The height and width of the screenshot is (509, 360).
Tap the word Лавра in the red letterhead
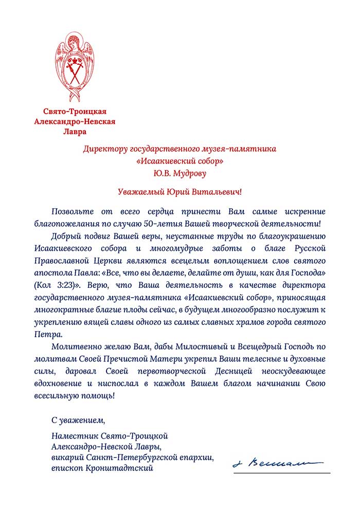[x=75, y=132]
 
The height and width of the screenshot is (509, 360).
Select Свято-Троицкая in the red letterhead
[x=75, y=111]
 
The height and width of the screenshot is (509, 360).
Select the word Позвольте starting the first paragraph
[x=71, y=212]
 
